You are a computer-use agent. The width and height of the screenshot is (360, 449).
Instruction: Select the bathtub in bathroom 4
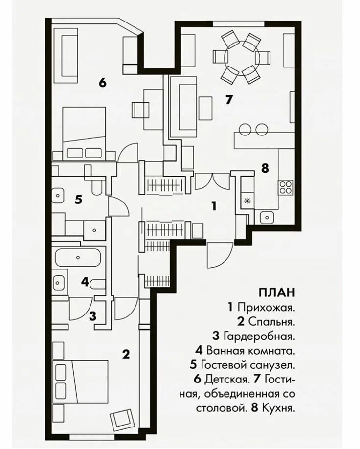[x=78, y=257]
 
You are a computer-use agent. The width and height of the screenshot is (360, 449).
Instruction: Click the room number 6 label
[x=102, y=82]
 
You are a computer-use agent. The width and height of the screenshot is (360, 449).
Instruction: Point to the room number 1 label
[x=214, y=205]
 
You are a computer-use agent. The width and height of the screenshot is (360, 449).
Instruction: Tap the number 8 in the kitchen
[x=265, y=168]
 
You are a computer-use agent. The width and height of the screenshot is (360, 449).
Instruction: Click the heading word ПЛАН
[x=277, y=293]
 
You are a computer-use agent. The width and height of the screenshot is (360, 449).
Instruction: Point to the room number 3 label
[x=92, y=316]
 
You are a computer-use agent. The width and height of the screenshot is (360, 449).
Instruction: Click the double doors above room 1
[x=212, y=181]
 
